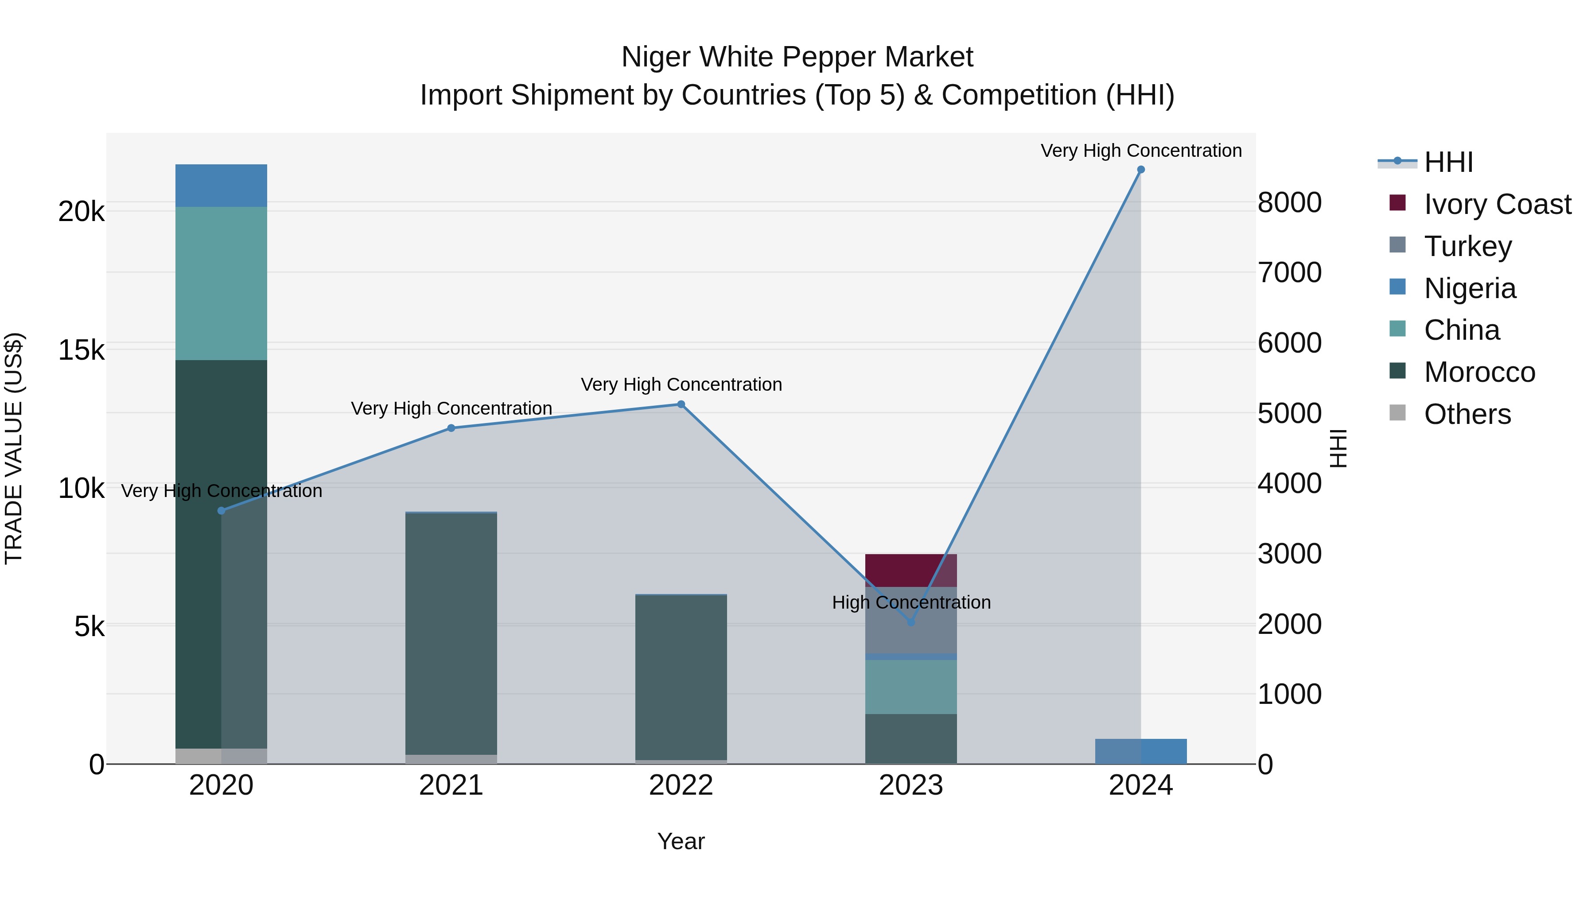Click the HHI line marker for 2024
coord(1140,170)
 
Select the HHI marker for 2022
coord(681,404)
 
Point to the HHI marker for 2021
coord(451,428)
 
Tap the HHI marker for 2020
coord(221,511)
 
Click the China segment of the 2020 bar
coord(221,283)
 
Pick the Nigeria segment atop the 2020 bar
coord(221,186)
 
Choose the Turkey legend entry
coord(1467,246)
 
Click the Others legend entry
coord(1467,414)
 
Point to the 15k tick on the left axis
coord(81,350)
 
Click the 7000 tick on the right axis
coord(1290,273)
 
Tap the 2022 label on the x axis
coord(681,785)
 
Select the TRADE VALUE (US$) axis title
coord(14,448)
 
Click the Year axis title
coord(681,841)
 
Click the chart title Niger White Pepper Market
coord(797,57)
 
